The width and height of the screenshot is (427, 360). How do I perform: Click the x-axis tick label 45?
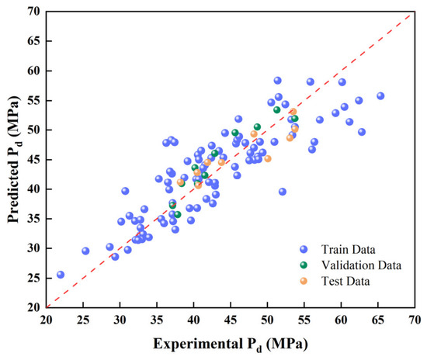tap(231, 320)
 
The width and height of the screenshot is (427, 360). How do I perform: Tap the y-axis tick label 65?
tap(33, 41)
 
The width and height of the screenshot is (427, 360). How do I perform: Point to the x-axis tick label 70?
tap(415, 320)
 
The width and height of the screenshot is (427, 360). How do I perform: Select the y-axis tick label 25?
tap(33, 278)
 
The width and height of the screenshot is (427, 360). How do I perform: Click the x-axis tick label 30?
tap(120, 320)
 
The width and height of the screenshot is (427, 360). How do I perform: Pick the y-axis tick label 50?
tap(33, 130)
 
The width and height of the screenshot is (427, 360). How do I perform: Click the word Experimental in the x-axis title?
tap(198, 344)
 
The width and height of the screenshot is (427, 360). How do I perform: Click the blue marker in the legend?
tap(304, 249)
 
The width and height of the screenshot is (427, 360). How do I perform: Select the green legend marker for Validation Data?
tap(304, 265)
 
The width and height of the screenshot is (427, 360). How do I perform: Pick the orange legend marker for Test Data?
tap(304, 281)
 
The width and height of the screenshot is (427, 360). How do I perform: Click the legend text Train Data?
tap(349, 250)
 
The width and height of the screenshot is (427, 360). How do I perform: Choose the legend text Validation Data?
tap(361, 265)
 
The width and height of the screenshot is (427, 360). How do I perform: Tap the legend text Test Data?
tap(345, 281)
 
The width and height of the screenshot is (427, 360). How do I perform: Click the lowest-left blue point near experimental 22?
tap(61, 275)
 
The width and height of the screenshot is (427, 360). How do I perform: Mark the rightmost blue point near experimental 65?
tap(380, 95)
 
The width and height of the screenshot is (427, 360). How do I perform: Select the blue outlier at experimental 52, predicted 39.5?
tap(283, 192)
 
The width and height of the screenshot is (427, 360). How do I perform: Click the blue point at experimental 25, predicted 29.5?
tap(85, 251)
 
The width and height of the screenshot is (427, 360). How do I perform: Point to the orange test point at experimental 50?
tap(268, 158)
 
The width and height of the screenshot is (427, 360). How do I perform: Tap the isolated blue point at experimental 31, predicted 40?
tap(125, 191)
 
